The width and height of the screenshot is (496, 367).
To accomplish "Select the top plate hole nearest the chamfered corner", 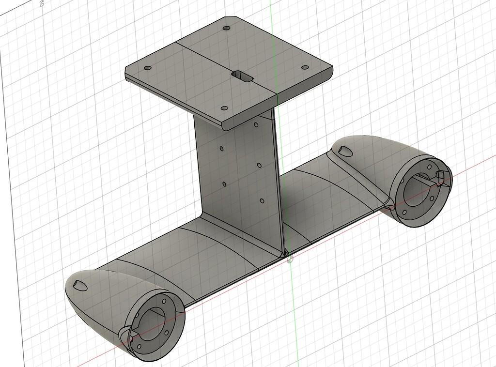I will (x=226, y=28).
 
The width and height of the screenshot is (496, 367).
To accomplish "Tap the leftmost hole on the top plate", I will (x=148, y=68).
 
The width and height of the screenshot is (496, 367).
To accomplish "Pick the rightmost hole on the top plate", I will (x=305, y=67).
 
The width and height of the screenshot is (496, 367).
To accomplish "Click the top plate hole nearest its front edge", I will (x=224, y=108).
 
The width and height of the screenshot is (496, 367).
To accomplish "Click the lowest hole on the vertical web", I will (x=262, y=200).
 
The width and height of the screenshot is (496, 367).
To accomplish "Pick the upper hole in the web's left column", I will (x=221, y=148).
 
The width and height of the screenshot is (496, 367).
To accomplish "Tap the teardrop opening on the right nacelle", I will (x=347, y=151).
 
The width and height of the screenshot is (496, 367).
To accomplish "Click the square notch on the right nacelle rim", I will (x=442, y=177).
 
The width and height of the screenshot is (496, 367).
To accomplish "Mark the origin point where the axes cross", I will (x=290, y=260).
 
